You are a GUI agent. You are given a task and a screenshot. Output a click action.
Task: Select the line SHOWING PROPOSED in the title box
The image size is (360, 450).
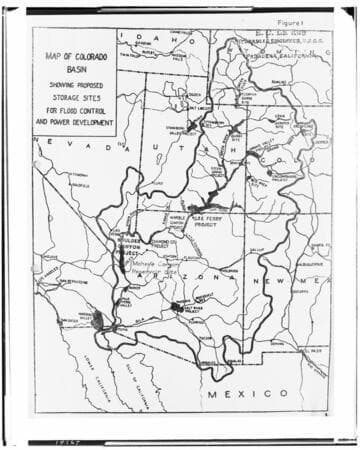pos(74,86)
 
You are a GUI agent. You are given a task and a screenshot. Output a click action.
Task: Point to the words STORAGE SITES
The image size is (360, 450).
pos(74,101)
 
